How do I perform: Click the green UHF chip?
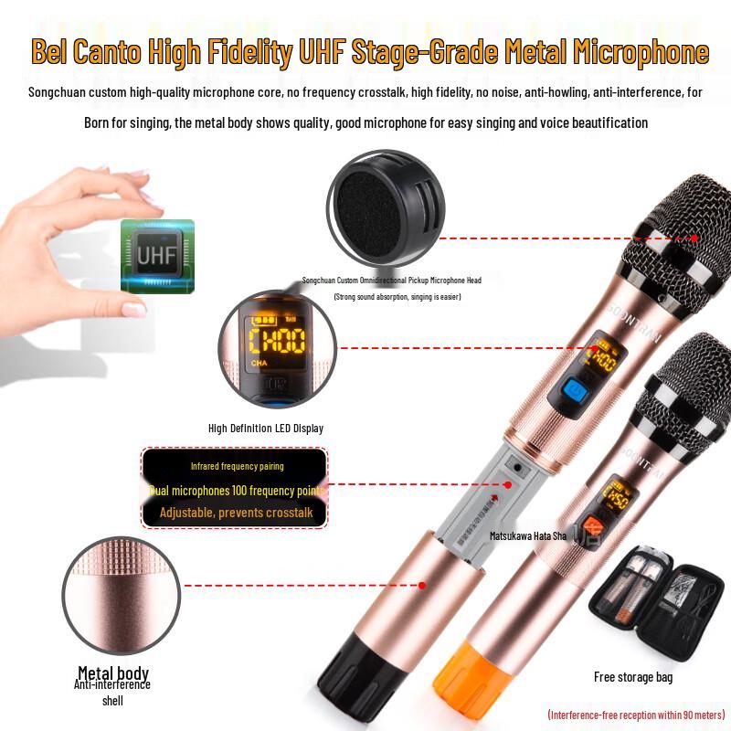tap(157, 256)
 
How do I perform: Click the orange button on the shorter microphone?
tap(593, 528)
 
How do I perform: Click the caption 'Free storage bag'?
tap(633, 677)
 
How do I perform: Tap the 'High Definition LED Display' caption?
tap(266, 428)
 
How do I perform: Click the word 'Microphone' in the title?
tap(641, 51)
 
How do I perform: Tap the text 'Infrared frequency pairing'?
tap(238, 466)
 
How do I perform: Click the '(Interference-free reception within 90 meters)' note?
tap(636, 714)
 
